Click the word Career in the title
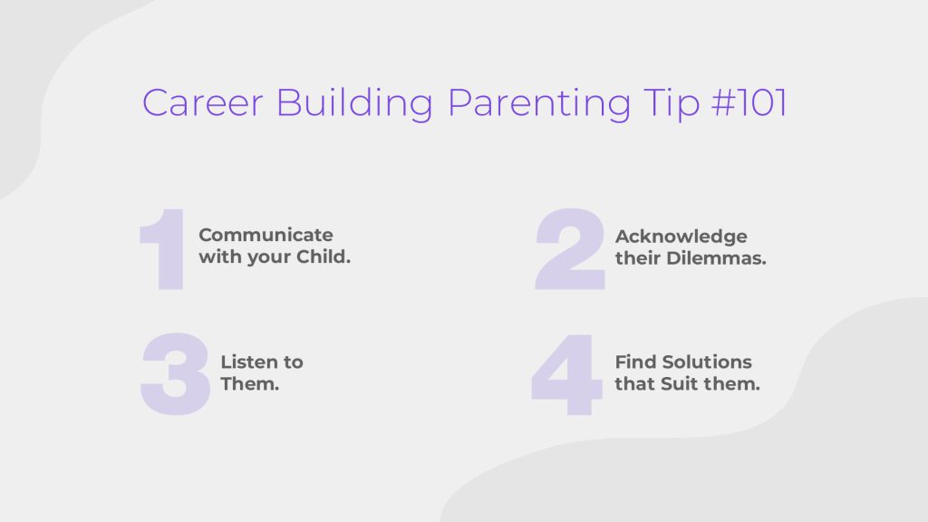(202, 103)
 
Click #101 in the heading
(749, 103)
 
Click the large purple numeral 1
(163, 249)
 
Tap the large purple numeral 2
(570, 248)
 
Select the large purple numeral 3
(175, 374)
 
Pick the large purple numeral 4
(566, 374)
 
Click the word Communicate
(266, 235)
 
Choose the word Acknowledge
(681, 237)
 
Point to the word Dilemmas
(716, 258)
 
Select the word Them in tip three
(250, 383)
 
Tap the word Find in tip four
(635, 362)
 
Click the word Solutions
(707, 362)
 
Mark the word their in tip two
(637, 258)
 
